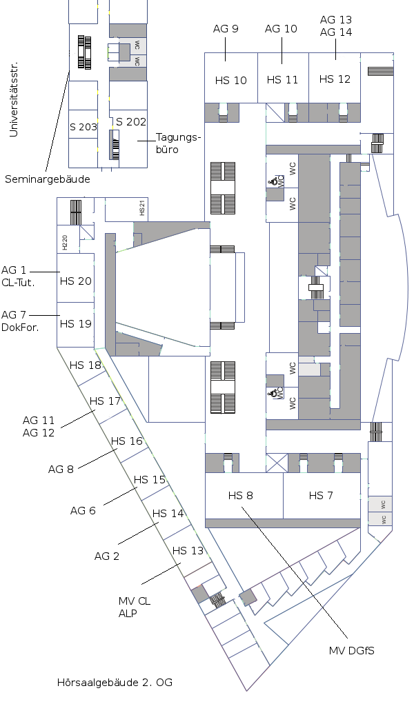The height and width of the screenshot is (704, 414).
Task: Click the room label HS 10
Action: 230,80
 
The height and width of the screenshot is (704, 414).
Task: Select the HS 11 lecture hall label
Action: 282,79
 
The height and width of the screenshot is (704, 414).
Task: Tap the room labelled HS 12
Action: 335,79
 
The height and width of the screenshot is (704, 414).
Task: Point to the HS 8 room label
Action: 241,495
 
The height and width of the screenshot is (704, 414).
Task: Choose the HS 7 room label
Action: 321,495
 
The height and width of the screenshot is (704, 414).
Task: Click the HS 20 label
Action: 75,281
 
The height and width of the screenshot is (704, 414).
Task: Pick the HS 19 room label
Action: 75,323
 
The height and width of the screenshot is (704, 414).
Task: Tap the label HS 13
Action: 188,550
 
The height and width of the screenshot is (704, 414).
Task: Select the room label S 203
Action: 83,127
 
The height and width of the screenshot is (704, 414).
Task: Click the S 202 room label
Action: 131,121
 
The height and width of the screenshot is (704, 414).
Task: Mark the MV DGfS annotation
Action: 351,650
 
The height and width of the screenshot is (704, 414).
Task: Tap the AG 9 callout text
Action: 226,28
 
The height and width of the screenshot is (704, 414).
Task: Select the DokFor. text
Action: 20,327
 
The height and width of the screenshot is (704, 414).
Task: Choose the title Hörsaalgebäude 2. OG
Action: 115,683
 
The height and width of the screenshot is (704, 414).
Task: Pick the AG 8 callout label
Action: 61,469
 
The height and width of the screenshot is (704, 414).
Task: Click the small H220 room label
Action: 64,241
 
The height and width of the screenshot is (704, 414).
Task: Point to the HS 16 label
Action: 127,441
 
